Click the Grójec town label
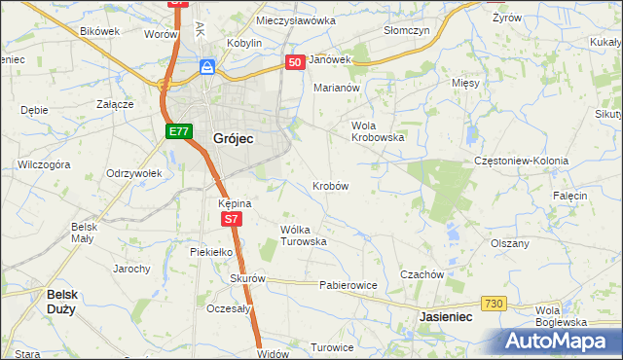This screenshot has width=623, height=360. coord(233,139)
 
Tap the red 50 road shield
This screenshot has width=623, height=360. coord(296,61)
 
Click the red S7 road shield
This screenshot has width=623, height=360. coord(231,220)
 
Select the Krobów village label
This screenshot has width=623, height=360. coord(330,185)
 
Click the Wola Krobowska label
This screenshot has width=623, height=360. coord(378,131)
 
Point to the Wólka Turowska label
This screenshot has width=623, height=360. coord(303,234)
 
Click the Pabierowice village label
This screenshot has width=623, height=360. coord(348,286)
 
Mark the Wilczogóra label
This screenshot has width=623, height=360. coord(44,164)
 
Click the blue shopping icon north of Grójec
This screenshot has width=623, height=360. coord(207,67)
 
